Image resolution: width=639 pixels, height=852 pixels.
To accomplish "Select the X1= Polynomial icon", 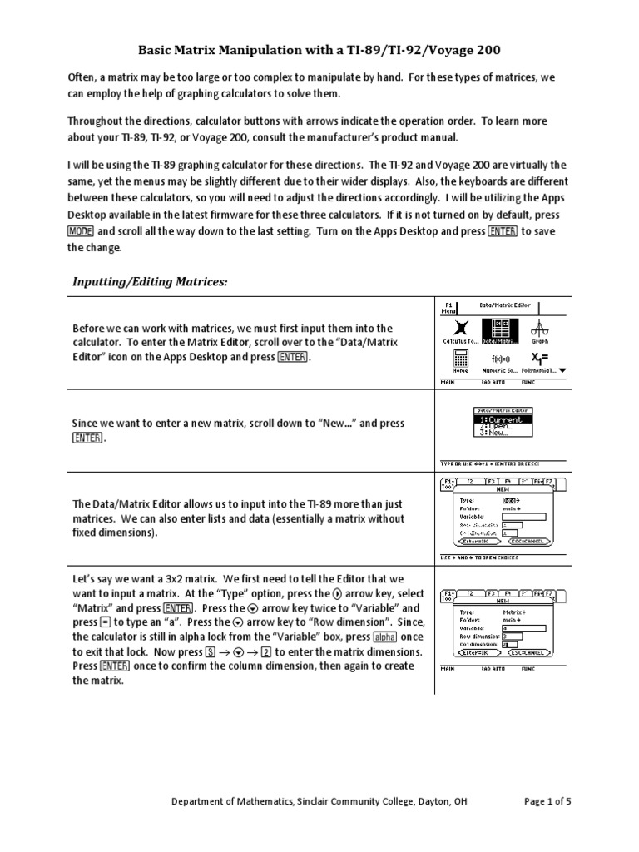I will [x=541, y=359].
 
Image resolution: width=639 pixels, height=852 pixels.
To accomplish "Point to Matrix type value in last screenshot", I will [x=515, y=611].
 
